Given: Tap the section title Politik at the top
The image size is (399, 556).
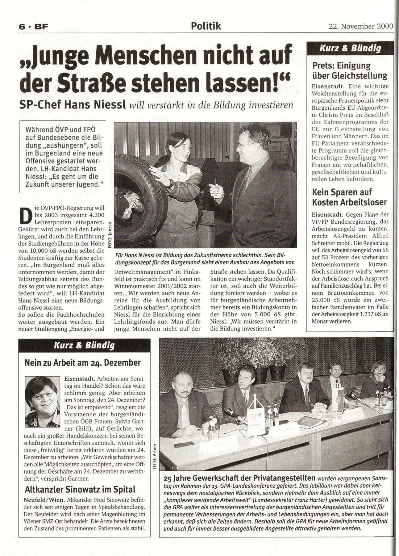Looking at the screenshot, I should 206,26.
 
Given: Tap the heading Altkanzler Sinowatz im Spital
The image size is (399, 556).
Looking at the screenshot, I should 80,490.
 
